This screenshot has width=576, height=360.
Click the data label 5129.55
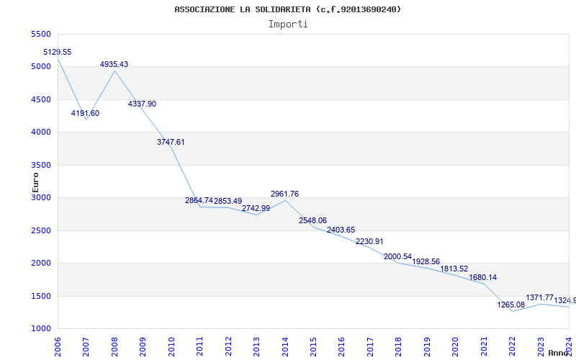pyautogui.click(x=58, y=52)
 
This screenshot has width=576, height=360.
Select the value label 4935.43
pyautogui.click(x=114, y=64)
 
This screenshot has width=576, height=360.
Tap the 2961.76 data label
pyautogui.click(x=284, y=194)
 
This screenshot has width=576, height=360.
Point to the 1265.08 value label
pyautogui.click(x=511, y=305)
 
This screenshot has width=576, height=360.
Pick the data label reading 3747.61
pyautogui.click(x=171, y=142)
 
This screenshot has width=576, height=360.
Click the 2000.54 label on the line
pyautogui.click(x=398, y=256)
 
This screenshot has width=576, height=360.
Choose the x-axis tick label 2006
pyautogui.click(x=58, y=345)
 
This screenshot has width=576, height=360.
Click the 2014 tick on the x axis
pyautogui.click(x=284, y=345)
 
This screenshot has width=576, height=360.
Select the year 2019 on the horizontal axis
pyautogui.click(x=426, y=345)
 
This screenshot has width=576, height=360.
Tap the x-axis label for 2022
pyautogui.click(x=512, y=345)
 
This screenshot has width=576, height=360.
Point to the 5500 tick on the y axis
pyautogui.click(x=42, y=35)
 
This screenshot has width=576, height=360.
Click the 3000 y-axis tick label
pyautogui.click(x=42, y=198)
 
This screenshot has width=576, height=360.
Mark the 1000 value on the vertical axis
pyautogui.click(x=42, y=329)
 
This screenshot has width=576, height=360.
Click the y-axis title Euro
pyautogui.click(x=35, y=183)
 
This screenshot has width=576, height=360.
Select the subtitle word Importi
pyautogui.click(x=288, y=24)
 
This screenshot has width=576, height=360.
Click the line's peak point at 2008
pyautogui.click(x=114, y=71)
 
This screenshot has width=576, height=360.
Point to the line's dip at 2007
pyautogui.click(x=86, y=120)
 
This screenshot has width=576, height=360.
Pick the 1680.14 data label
pyautogui.click(x=482, y=277)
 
